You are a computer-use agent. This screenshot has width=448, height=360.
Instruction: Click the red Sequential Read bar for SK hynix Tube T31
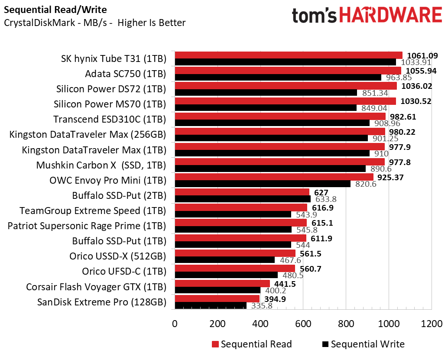pos(288,55)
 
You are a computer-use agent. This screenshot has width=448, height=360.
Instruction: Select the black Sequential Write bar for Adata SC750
pos(278,78)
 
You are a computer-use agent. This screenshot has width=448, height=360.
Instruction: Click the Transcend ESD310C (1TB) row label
pos(110,119)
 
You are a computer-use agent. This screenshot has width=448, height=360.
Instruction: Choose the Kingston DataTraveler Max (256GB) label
pos(88,134)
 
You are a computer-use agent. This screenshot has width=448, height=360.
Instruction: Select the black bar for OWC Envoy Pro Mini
pos(263,184)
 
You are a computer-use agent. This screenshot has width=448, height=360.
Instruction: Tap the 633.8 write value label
pos(325,199)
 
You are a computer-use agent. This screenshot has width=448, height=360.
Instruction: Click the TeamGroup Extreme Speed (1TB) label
pos(93,211)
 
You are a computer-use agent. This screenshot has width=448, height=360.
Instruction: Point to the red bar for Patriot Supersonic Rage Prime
pos(240,223)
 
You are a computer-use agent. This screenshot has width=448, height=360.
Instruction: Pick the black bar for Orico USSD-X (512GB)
pos(224,260)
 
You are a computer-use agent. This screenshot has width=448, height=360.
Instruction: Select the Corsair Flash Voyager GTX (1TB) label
pos(96,286)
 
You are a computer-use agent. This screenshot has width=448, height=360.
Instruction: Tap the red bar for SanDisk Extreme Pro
pos(217,299)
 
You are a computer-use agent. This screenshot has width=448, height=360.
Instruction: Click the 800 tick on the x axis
pos(345,324)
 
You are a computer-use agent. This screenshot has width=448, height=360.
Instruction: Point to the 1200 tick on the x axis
pos(431,324)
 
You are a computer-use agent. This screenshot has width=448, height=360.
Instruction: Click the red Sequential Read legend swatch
pos(215,344)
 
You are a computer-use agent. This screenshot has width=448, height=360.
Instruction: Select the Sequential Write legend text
pos(367,344)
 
